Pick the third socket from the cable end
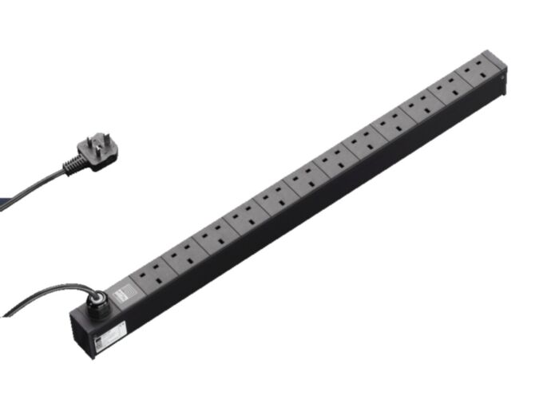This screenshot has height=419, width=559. tap(213, 237)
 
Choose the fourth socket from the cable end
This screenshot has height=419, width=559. tap(244, 219)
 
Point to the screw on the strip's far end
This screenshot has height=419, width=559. tap(502, 80)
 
